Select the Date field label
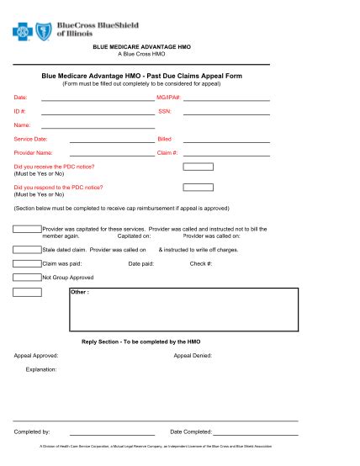click(x=20, y=98)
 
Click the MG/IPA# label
click(x=168, y=98)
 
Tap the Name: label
click(x=23, y=124)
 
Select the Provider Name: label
click(x=33, y=152)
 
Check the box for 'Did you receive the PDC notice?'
click(x=198, y=167)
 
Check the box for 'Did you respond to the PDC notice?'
click(x=198, y=188)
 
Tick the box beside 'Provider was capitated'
click(x=27, y=229)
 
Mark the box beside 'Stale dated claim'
click(x=27, y=250)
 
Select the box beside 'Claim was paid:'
click(x=27, y=263)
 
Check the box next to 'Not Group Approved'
click(x=27, y=277)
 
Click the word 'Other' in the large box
click(x=80, y=293)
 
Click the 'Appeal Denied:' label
click(x=193, y=355)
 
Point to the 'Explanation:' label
click(x=41, y=368)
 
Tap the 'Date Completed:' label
click(x=190, y=432)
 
